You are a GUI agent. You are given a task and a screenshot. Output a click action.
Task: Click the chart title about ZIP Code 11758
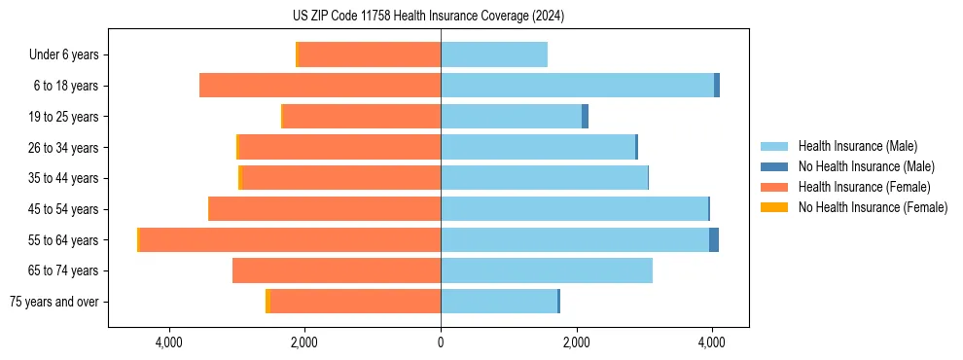coord(428,17)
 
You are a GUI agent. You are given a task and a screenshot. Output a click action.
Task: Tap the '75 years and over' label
coord(54,302)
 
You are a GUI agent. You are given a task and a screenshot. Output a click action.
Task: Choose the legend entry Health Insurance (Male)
coord(856,146)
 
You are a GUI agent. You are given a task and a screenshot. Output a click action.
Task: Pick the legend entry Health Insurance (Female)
coord(864,187)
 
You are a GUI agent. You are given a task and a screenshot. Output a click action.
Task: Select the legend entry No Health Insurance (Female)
coord(873,207)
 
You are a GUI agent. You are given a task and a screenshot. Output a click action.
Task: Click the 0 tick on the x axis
coord(441,342)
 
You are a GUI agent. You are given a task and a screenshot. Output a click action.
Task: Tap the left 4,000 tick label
coord(169,342)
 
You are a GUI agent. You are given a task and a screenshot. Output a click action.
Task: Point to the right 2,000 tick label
coord(576,342)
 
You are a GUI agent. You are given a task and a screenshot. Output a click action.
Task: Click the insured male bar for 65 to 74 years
coord(547,270)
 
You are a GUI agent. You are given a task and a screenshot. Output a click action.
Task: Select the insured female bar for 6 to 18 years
coord(320,86)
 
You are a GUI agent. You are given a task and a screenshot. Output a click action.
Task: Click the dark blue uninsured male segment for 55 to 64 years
coord(714,240)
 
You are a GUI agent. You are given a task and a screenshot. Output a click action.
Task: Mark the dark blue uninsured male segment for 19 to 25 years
coord(585,117)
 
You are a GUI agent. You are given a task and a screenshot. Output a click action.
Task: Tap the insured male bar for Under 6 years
coord(494,55)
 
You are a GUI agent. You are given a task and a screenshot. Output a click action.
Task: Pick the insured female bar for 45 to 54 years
coord(325,209)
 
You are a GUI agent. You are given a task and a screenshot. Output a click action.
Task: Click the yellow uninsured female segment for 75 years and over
coord(267,302)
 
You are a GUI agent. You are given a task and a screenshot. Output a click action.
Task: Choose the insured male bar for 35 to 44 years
coord(544,178)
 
